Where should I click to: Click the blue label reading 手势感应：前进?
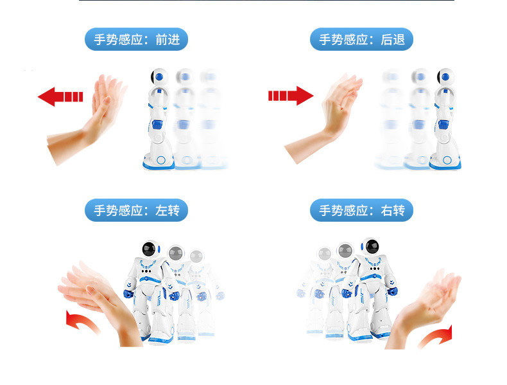[136, 39]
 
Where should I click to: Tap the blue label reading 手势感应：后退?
[361, 39]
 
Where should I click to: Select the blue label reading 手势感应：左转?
[136, 210]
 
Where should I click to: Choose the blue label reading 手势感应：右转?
[361, 210]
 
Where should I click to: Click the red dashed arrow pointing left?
[60, 96]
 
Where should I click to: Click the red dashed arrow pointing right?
[291, 96]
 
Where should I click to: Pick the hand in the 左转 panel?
[100, 301]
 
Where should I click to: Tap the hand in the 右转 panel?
[424, 308]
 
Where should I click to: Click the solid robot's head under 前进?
[159, 77]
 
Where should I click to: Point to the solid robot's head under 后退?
[445, 77]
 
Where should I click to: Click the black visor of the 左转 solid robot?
[149, 249]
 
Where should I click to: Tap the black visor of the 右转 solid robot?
[372, 246]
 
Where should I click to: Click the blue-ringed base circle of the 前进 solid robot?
[160, 159]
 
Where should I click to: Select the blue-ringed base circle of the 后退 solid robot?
[447, 159]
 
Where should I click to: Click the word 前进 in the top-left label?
[168, 39]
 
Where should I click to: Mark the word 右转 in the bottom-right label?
[393, 210]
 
